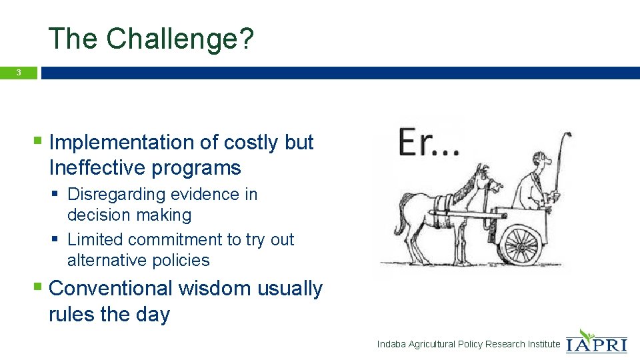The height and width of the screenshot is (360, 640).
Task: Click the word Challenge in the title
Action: click(x=172, y=39)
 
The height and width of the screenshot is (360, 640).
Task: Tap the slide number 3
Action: click(x=19, y=73)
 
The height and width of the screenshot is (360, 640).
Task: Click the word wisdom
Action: click(x=213, y=289)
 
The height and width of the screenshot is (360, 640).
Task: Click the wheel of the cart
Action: click(x=518, y=244)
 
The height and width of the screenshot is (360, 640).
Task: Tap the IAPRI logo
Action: click(x=596, y=341)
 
